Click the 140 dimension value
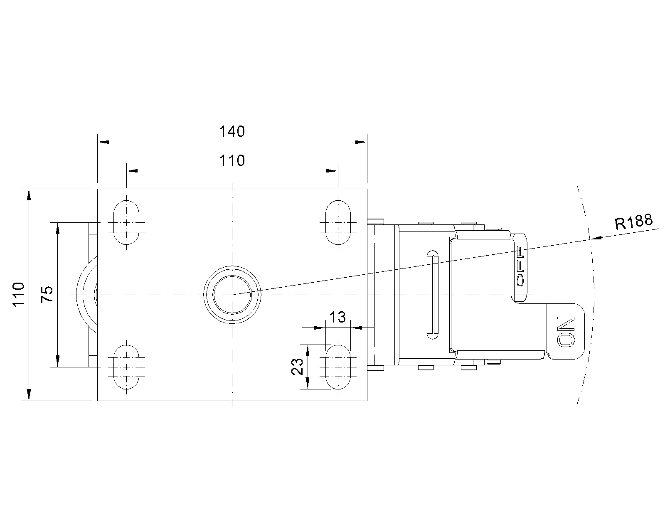coord(232,131)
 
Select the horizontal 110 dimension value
coord(232,160)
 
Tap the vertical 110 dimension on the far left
coord(19,295)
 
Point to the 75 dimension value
coord(47,295)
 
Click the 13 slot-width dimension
coord(337,317)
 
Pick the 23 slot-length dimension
coord(297,367)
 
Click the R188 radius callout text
coord(634,222)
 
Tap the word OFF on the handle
coord(520,267)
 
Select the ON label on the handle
coord(566,331)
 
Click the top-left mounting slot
coord(126,222)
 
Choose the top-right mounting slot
coord(338,222)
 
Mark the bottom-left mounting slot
coord(126,367)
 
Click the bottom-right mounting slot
coord(338,367)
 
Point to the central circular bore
coord(232,295)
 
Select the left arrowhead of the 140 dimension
coord(103,142)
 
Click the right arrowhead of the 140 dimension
coord(361,142)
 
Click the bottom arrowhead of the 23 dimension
coord(308,383)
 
